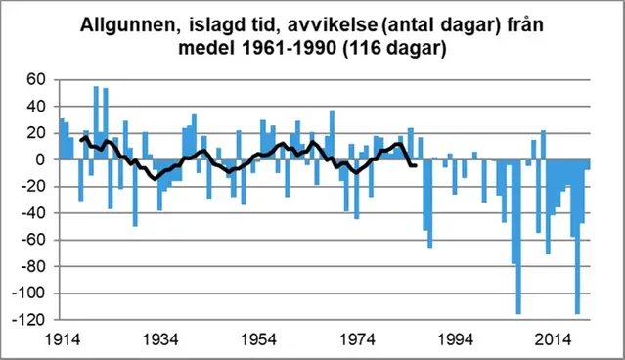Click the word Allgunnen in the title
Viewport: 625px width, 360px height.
pyautogui.click(x=128, y=26)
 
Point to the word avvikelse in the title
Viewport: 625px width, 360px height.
pyautogui.click(x=332, y=25)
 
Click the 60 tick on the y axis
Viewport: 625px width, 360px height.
pyautogui.click(x=36, y=80)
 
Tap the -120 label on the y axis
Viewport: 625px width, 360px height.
pyautogui.click(x=29, y=320)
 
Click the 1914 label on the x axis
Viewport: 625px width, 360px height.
pyautogui.click(x=62, y=340)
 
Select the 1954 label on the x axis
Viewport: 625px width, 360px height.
pyautogui.click(x=258, y=340)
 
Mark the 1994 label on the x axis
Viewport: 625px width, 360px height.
pyautogui.click(x=455, y=340)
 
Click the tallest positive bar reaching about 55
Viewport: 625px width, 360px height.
pyautogui.click(x=96, y=123)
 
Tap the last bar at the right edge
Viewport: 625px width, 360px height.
pyautogui.click(x=588, y=164)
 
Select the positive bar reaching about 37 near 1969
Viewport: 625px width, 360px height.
pyautogui.click(x=332, y=135)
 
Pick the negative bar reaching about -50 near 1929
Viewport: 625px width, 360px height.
pyautogui.click(x=135, y=193)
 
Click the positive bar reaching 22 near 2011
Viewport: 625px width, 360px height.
pyautogui.click(x=543, y=145)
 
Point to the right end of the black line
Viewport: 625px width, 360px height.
pyautogui.click(x=416, y=165)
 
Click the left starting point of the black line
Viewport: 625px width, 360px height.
pyautogui.click(x=82, y=140)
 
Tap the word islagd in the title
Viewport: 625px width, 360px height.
pyautogui.click(x=211, y=26)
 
